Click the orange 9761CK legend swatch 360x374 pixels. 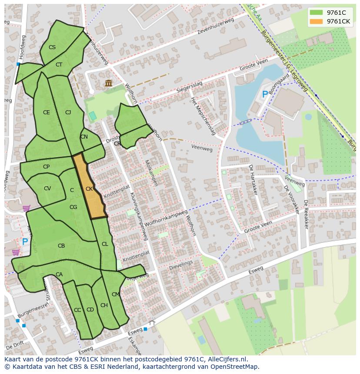click(x=317, y=21)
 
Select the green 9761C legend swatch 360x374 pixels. click(x=317, y=13)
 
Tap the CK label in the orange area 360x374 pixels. click(x=89, y=189)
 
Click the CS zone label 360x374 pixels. click(x=52, y=47)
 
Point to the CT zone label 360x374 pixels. click(x=59, y=65)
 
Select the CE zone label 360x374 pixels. click(x=47, y=113)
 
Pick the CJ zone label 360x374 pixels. click(x=68, y=113)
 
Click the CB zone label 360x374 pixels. click(x=61, y=246)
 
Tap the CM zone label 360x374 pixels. click(x=115, y=295)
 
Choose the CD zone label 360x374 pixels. click(x=90, y=310)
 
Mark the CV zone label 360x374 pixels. click(x=47, y=189)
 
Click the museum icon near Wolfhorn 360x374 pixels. click(x=108, y=83)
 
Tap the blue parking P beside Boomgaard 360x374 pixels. click(x=265, y=94)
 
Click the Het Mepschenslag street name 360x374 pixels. click(x=203, y=116)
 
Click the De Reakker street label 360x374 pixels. click(x=306, y=214)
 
